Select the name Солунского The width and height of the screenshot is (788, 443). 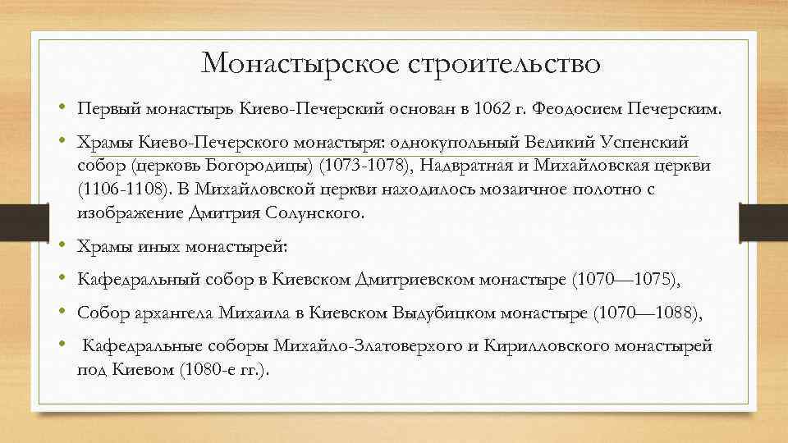pos(314,212)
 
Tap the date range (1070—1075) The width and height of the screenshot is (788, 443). pos(627,280)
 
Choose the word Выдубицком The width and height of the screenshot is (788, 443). pos(464,313)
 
